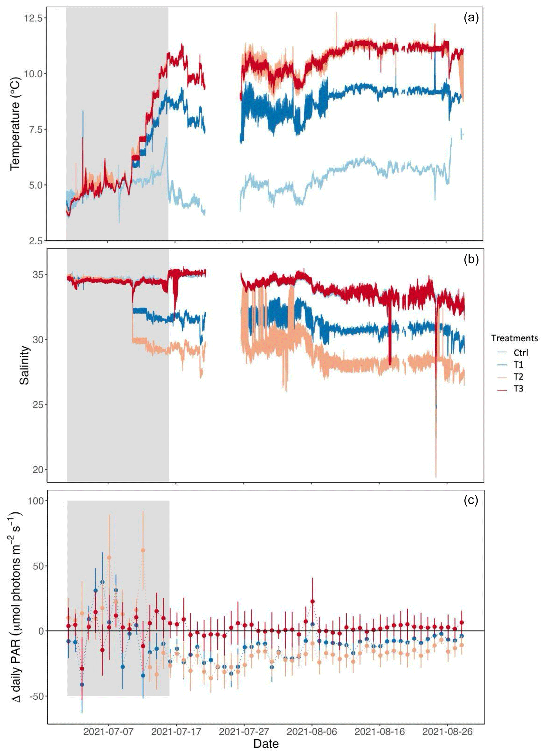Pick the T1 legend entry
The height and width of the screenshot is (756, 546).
pos(518,364)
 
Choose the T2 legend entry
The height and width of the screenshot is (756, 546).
pos(518,377)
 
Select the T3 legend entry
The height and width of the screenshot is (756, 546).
pos(518,389)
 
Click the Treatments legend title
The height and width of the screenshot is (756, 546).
pos(514,338)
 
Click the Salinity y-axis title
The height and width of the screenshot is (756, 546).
pos(25,365)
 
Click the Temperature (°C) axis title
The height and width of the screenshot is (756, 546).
pos(15,124)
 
